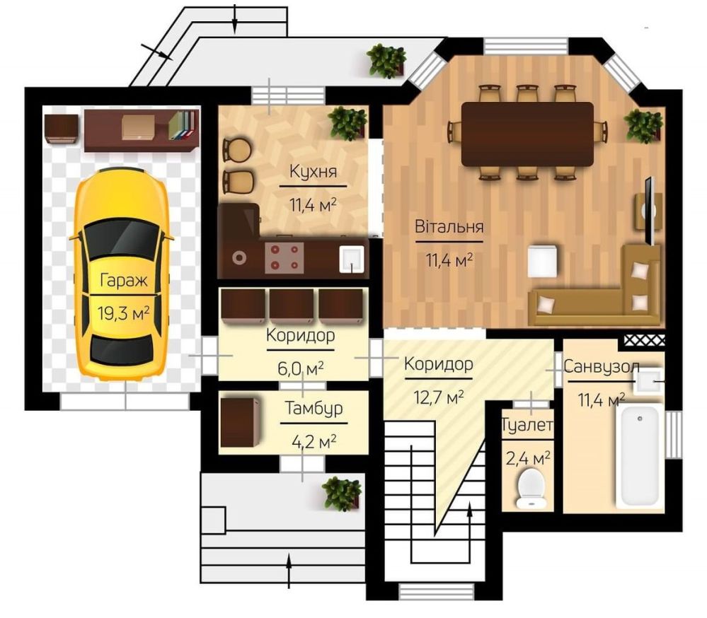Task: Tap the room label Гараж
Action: [124, 281]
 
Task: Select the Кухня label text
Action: [313, 171]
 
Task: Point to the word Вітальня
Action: [449, 226]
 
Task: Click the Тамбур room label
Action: [314, 408]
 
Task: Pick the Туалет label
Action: [527, 424]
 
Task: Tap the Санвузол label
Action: [602, 366]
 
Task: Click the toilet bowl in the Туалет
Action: [531, 489]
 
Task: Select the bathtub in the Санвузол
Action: [640, 456]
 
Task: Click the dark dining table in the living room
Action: [527, 134]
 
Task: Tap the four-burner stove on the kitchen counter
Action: [284, 257]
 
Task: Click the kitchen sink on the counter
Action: [351, 259]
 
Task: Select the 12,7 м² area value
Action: [439, 397]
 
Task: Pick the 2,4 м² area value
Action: [528, 458]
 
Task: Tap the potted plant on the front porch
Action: [342, 494]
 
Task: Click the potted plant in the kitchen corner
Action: [347, 123]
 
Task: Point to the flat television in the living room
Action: [650, 211]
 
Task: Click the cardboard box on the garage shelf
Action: [139, 127]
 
